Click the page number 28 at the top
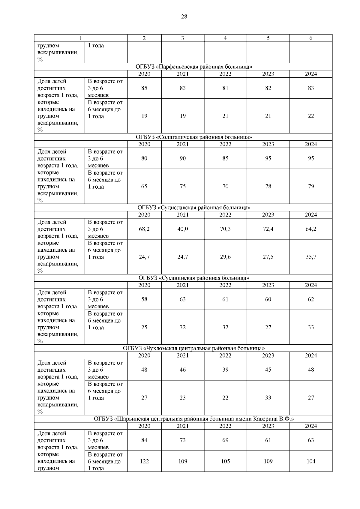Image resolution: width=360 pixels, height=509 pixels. tap(184, 17)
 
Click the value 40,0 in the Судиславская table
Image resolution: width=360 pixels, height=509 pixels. tap(183, 229)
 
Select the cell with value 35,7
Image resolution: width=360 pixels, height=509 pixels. tap(311, 257)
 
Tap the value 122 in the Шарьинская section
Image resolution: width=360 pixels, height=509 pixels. tap(144, 462)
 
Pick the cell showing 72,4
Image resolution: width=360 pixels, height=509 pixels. tap(268, 229)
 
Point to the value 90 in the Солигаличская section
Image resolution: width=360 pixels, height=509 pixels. tap(183, 159)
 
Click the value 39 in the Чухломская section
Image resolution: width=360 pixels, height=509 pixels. tap(225, 370)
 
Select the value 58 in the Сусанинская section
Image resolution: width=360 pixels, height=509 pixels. tap(144, 299)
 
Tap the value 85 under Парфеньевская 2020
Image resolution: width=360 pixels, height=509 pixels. tap(144, 88)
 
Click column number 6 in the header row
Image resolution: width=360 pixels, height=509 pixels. tap(311, 38)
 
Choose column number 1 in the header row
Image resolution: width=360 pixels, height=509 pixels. tap(80, 38)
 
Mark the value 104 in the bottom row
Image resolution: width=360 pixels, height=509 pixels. tap(311, 462)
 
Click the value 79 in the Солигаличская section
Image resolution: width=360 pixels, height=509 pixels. tap(311, 187)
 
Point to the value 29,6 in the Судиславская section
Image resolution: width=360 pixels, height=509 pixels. tap(225, 257)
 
